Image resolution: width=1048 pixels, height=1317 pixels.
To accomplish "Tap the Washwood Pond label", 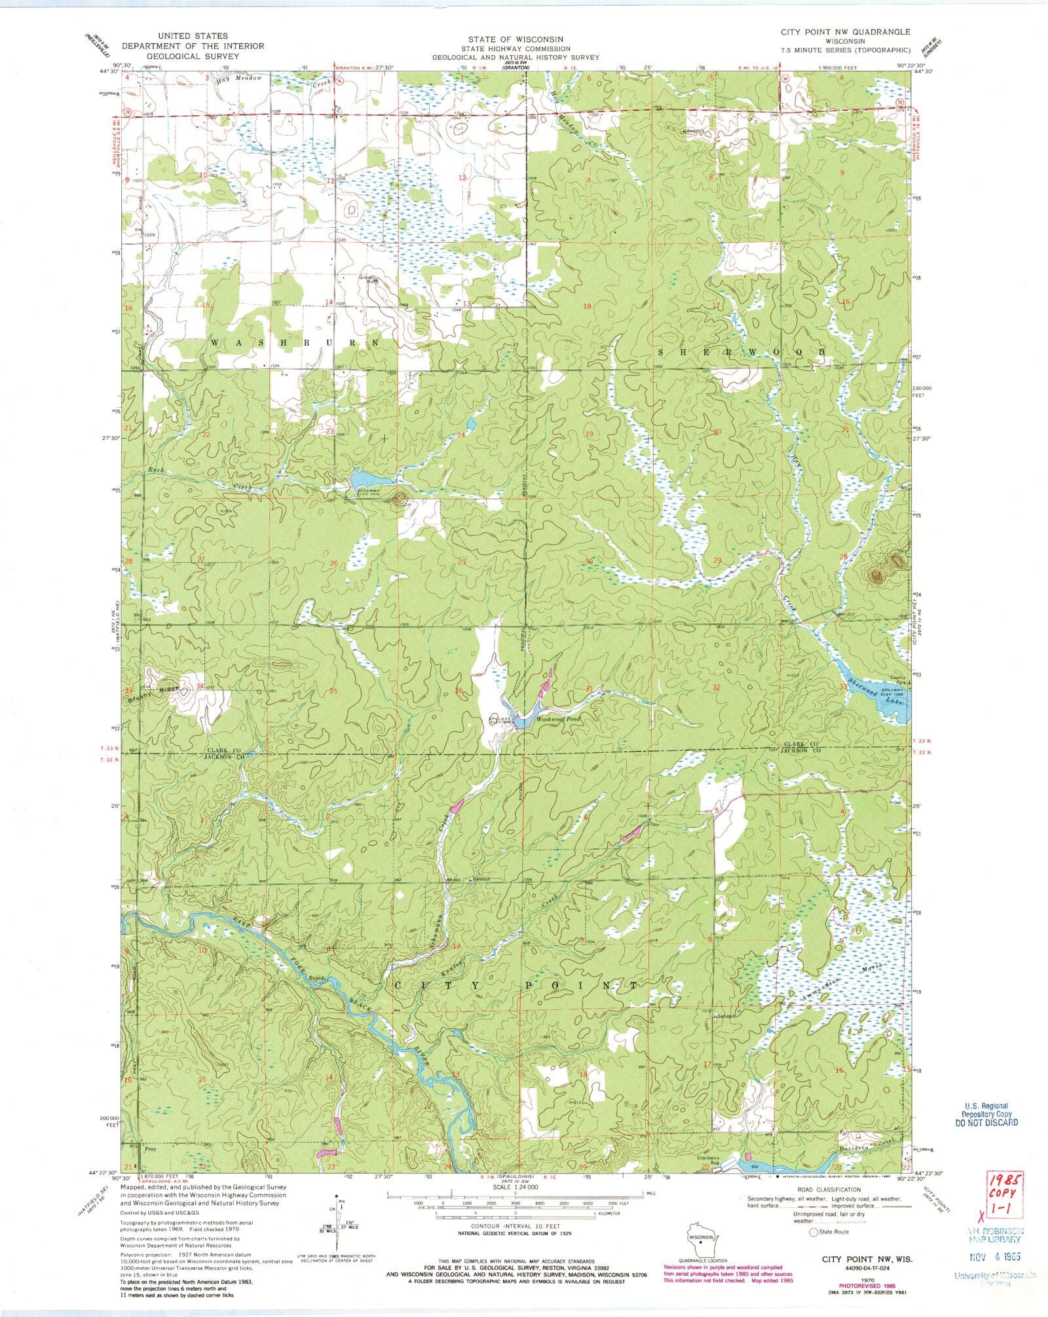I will click(x=558, y=718).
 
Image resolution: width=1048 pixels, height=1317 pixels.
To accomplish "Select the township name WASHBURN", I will click(x=295, y=342).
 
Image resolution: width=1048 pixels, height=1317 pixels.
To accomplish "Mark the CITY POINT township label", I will click(x=515, y=985).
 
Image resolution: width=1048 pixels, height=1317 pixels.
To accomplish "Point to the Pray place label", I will click(x=151, y=1149).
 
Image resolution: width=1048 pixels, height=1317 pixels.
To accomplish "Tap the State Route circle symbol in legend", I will click(x=814, y=1232).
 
